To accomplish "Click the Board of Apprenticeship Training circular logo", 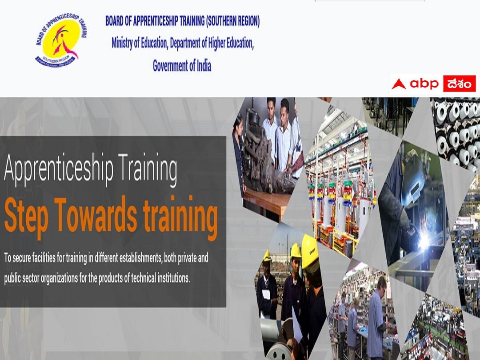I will tap(61, 40).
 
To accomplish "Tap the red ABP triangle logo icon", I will tap(399, 84).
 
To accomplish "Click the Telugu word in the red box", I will tap(459, 84).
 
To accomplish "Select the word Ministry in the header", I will tap(125, 44).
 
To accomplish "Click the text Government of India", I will tap(182, 66).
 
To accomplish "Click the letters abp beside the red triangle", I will tap(424, 84).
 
